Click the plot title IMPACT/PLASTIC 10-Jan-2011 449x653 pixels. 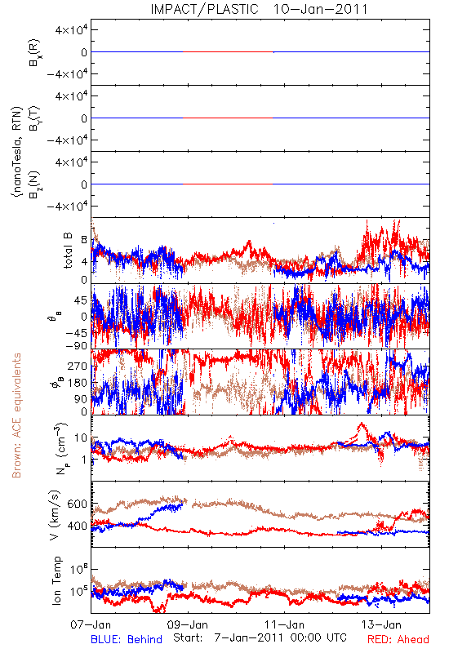259,9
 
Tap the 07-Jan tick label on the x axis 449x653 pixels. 91,624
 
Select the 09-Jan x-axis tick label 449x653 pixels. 188,624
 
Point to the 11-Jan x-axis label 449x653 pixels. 284,624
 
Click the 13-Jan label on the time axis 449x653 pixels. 381,624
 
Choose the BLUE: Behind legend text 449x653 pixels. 127,639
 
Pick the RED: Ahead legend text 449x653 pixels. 398,639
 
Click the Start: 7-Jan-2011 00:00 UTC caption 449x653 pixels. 260,637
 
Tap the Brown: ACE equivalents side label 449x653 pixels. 16,415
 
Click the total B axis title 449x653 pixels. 68,251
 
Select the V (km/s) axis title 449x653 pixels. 55,515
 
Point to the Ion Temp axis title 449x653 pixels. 56,580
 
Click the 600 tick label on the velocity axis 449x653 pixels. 78,504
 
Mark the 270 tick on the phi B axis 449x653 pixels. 78,366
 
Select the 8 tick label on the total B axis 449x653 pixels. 84,240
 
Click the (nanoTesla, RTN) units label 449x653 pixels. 16,152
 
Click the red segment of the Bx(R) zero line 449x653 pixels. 228,52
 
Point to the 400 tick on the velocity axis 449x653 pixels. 78,526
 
